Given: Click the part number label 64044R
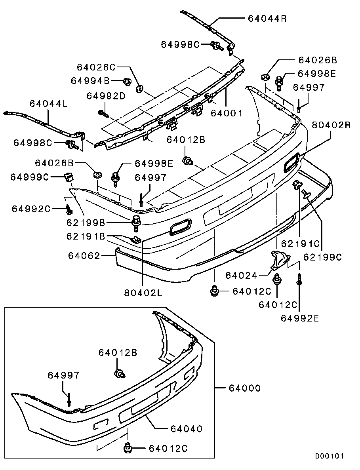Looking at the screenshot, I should [x=267, y=18].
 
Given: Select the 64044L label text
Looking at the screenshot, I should [x=49, y=104].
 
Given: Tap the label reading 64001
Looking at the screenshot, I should [x=226, y=113].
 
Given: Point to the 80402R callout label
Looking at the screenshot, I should [x=331, y=125].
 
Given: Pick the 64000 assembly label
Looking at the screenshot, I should [x=245, y=388].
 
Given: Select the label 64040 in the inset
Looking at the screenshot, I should [x=186, y=428].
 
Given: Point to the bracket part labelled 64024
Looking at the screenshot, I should [x=278, y=261].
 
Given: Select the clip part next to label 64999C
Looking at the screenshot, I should [x=69, y=176].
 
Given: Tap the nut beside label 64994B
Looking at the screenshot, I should [x=127, y=82].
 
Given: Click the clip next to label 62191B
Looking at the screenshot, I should [x=136, y=239].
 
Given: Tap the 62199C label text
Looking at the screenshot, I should [x=322, y=257].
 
